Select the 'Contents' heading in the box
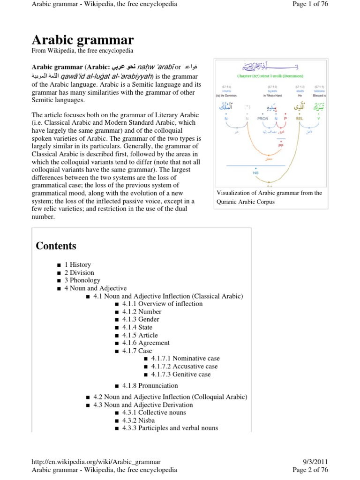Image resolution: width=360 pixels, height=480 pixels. pos(56,246)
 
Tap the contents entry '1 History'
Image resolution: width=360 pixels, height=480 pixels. pos(77,264)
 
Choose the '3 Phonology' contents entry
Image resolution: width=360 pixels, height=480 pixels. pos(82,280)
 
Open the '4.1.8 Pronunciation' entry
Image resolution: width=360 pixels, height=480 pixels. pos(150,385)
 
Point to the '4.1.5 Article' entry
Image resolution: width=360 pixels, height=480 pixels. pos(140,335)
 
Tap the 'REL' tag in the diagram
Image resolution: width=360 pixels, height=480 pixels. pos(300,119)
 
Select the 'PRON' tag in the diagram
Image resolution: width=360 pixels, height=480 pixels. pos(262,119)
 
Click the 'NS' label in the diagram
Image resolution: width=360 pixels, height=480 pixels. pos(255,173)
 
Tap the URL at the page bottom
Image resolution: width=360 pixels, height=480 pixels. pos(96,462)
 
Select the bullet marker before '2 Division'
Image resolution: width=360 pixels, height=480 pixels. pos(59,273)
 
